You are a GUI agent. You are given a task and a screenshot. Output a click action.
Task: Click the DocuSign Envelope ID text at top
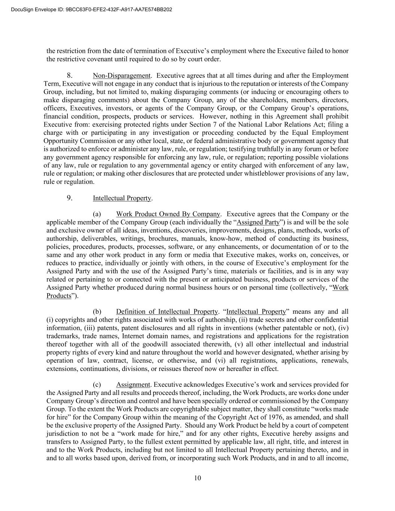click(86, 10)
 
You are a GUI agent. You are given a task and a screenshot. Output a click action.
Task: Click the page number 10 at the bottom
click(198, 478)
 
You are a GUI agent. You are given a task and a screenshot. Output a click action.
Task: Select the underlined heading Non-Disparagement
click(122, 76)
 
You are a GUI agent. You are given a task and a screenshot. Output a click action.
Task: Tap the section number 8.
click(69, 76)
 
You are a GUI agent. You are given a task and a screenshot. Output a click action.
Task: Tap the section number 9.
click(69, 198)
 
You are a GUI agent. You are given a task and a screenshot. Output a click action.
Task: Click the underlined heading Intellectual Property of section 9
click(122, 198)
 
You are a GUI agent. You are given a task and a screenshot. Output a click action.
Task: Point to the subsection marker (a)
click(97, 214)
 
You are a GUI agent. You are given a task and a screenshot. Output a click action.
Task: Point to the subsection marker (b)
click(97, 311)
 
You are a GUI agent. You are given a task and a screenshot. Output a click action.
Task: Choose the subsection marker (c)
click(97, 384)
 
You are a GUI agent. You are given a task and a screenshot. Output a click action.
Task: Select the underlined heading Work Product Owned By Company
click(168, 214)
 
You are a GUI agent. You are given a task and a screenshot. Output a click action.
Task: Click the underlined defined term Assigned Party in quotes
click(258, 222)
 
